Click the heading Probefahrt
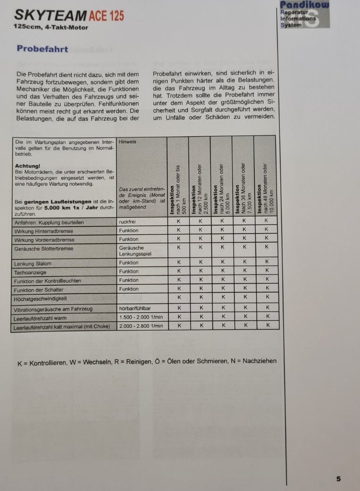pyautogui.click(x=42, y=49)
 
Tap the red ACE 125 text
pyautogui.click(x=106, y=17)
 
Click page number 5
pyautogui.click(x=338, y=479)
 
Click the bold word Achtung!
pyautogui.click(x=28, y=166)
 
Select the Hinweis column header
pyautogui.click(x=126, y=141)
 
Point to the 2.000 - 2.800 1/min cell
pyautogui.click(x=141, y=326)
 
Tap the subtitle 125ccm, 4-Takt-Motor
pyautogui.click(x=51, y=27)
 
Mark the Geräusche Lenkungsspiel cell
pyautogui.click(x=135, y=250)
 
